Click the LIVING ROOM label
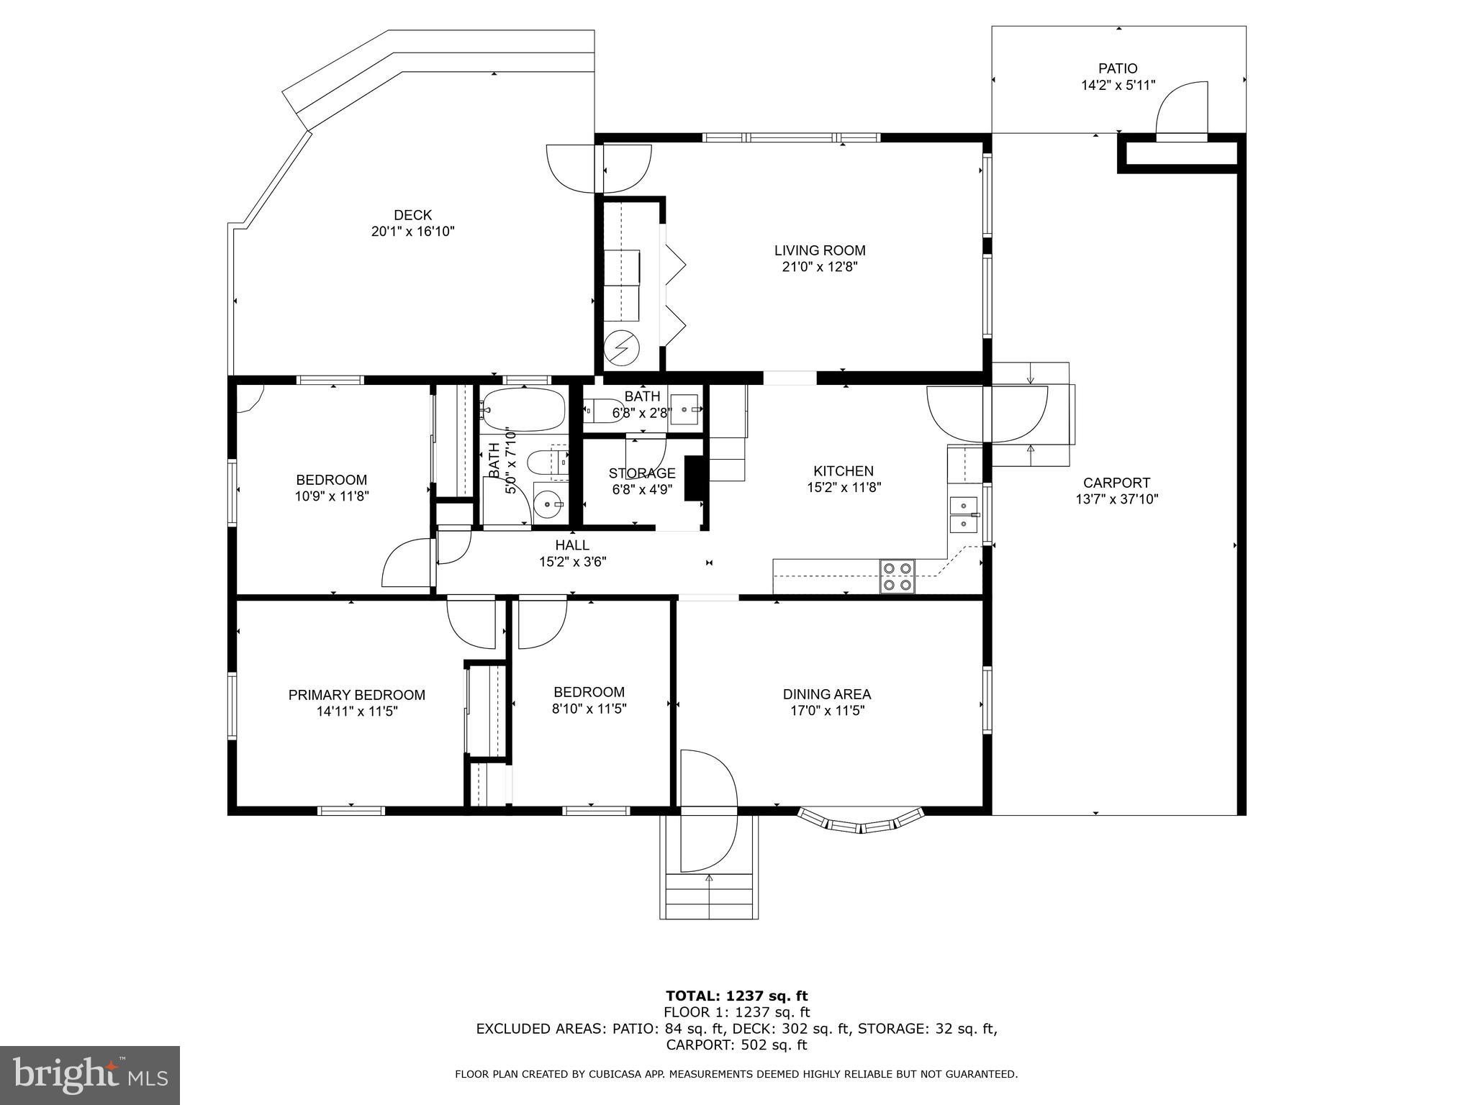point(819,250)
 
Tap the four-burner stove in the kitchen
point(897,576)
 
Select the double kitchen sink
point(963,514)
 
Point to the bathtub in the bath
point(524,410)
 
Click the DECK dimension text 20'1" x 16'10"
point(412,232)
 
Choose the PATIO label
point(1117,68)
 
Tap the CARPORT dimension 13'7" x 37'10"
point(1116,499)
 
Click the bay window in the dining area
point(861,821)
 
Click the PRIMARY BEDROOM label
point(356,695)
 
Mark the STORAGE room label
point(641,473)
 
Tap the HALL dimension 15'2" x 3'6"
point(572,562)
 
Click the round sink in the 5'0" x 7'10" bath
point(548,504)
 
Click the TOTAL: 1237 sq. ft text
point(736,996)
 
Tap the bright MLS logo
point(90,1076)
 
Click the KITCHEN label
point(843,471)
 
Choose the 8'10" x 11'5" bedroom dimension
point(588,709)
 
